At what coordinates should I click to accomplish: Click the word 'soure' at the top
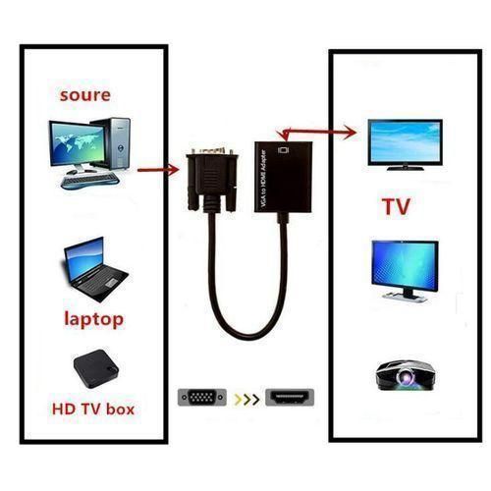[x=84, y=95]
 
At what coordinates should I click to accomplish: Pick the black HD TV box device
[x=94, y=370]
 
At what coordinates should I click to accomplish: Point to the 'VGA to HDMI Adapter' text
[x=263, y=178]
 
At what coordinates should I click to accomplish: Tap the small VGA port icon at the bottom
[x=203, y=399]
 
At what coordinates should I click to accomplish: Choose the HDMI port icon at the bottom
[x=292, y=399]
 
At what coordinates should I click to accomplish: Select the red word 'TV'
[x=395, y=208]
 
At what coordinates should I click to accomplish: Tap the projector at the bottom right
[x=404, y=373]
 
